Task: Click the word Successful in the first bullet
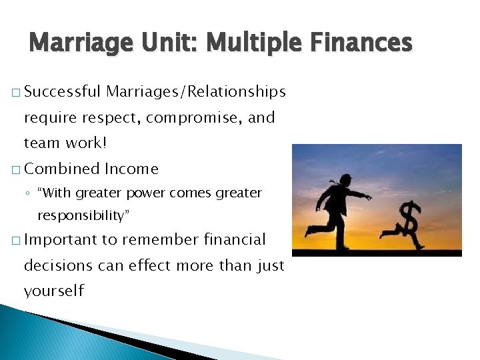[x=62, y=91]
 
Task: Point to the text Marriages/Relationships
[x=195, y=91]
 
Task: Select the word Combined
[x=62, y=169]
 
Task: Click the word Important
[x=61, y=239]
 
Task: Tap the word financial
[x=234, y=239]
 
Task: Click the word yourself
[x=54, y=291]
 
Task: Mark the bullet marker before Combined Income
[x=15, y=169]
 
